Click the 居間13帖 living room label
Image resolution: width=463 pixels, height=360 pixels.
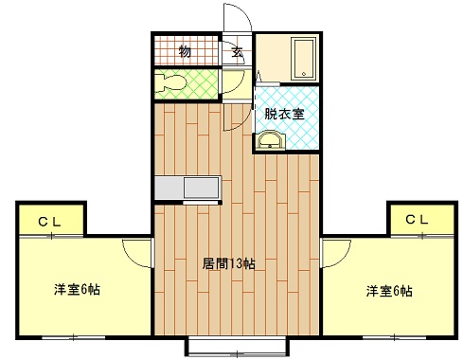pos(229,263)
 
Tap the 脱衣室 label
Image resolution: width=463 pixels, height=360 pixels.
pos(284,114)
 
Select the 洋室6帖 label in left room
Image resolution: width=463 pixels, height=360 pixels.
pos(77,289)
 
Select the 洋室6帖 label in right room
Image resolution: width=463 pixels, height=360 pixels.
pos(389,291)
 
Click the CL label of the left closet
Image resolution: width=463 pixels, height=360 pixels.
pos(50,221)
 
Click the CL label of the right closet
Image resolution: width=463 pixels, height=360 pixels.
pos(417,220)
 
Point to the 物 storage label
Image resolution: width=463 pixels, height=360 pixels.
pos(185,51)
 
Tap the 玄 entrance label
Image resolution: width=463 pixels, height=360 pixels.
pos(239,51)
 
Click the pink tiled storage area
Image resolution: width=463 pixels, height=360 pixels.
pos(170,51)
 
